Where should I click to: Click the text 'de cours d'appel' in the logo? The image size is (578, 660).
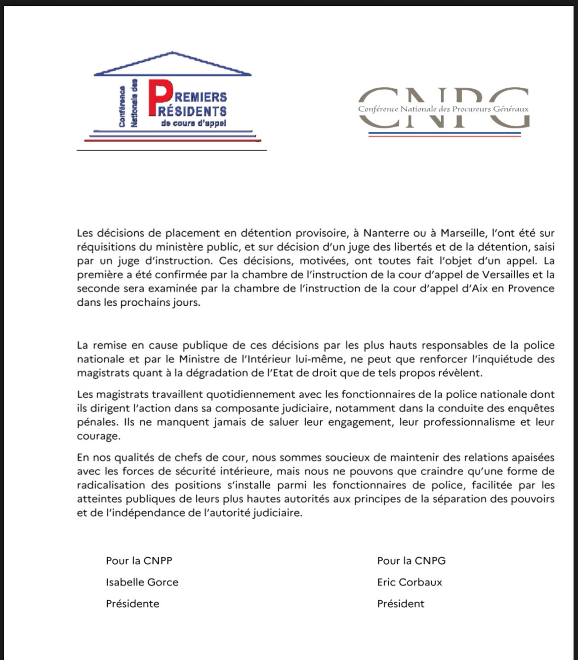(x=193, y=123)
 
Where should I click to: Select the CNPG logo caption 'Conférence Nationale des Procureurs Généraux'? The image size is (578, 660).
(x=443, y=109)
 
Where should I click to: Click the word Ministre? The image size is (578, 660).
(x=201, y=359)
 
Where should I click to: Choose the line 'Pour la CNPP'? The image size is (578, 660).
(x=139, y=561)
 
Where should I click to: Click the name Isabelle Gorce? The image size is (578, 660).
(x=142, y=582)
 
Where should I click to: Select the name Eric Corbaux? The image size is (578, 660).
(x=410, y=582)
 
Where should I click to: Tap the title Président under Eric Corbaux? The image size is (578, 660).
(x=401, y=604)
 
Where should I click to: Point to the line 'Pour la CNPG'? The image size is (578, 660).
(x=411, y=561)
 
